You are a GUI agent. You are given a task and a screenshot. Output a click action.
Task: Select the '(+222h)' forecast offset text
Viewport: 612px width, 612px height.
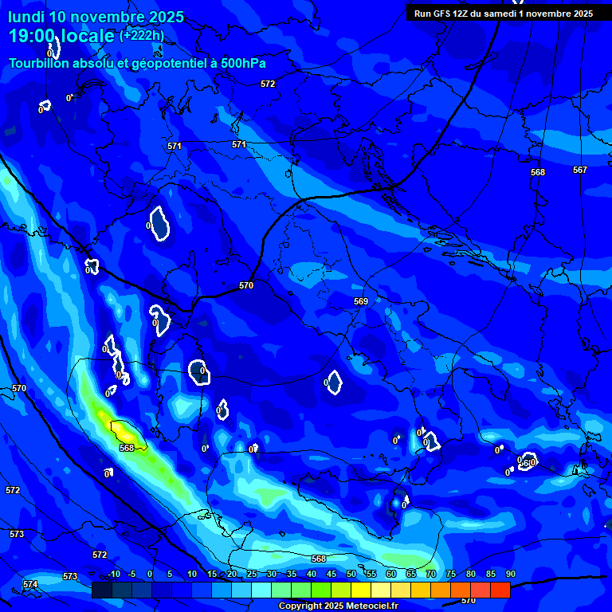point(142,35)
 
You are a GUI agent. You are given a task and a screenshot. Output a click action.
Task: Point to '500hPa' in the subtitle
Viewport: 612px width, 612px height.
point(242,63)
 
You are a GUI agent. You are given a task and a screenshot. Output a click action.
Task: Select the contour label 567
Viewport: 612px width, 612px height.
point(579,170)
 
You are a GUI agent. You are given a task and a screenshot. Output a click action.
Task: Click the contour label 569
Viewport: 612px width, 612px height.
point(361,301)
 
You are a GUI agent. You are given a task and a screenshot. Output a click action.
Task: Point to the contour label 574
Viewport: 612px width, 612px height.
point(30,584)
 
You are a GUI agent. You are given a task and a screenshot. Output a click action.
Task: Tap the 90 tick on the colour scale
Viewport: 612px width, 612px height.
point(510,574)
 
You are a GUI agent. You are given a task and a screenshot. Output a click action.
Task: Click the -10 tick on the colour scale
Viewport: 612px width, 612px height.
point(113,574)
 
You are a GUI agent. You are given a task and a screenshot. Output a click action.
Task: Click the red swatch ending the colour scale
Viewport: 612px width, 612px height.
point(500,590)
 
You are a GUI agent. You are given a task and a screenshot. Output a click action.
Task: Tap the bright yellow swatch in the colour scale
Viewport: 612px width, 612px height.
point(360,590)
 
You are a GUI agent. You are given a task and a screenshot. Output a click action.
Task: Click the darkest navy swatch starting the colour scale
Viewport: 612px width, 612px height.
point(101,590)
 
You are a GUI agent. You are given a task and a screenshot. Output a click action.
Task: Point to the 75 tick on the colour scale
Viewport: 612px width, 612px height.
point(450,574)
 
